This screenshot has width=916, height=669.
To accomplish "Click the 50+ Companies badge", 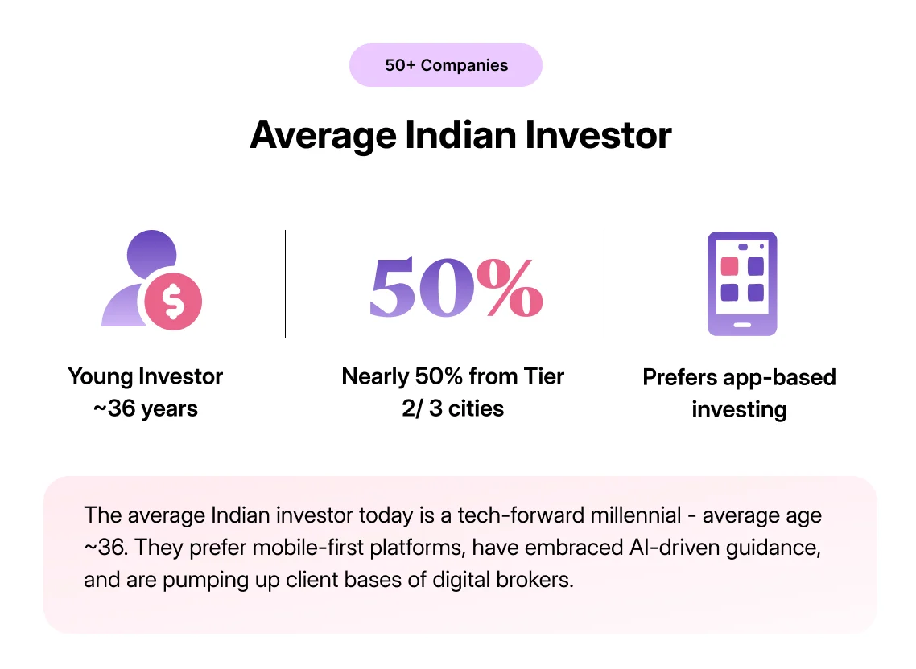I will point(446,65).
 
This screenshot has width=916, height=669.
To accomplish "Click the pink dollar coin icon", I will point(172,301).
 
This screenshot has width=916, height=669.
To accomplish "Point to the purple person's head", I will point(151,250).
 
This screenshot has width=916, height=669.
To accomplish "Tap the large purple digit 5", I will point(398,288).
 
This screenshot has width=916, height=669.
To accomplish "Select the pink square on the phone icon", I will point(730,267).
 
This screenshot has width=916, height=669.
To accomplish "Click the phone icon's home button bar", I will point(741,326).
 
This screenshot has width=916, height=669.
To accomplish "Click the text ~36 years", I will point(146,408).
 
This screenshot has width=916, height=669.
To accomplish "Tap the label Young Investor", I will point(146,376).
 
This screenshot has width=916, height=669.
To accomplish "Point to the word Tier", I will point(543,376).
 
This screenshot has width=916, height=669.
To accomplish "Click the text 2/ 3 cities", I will point(453,408).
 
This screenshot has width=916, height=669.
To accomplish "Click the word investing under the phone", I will point(739,409).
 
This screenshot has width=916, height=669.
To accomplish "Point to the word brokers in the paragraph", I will point(539,580).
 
